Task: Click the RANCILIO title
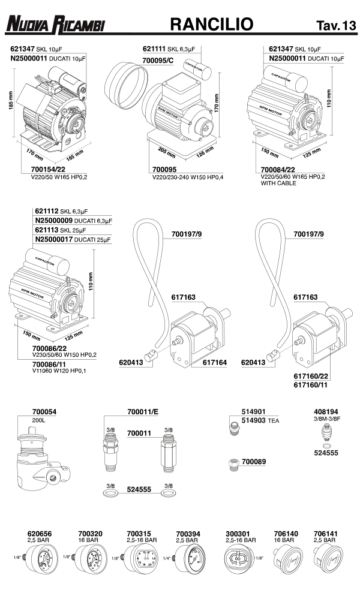(x=211, y=24)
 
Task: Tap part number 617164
(x=214, y=362)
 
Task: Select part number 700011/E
(x=143, y=412)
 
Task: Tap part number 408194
(x=326, y=412)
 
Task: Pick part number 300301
(x=238, y=532)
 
